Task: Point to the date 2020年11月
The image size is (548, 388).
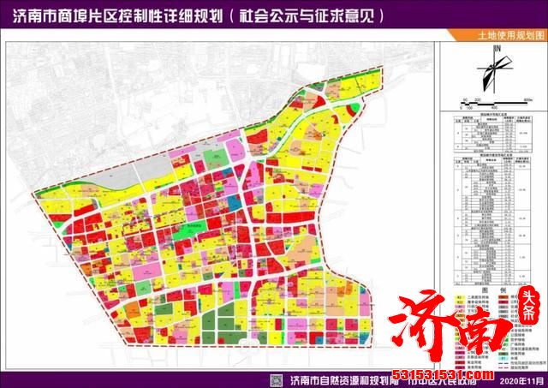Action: [x=521, y=379]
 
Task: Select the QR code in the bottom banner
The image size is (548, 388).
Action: [x=277, y=379]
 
